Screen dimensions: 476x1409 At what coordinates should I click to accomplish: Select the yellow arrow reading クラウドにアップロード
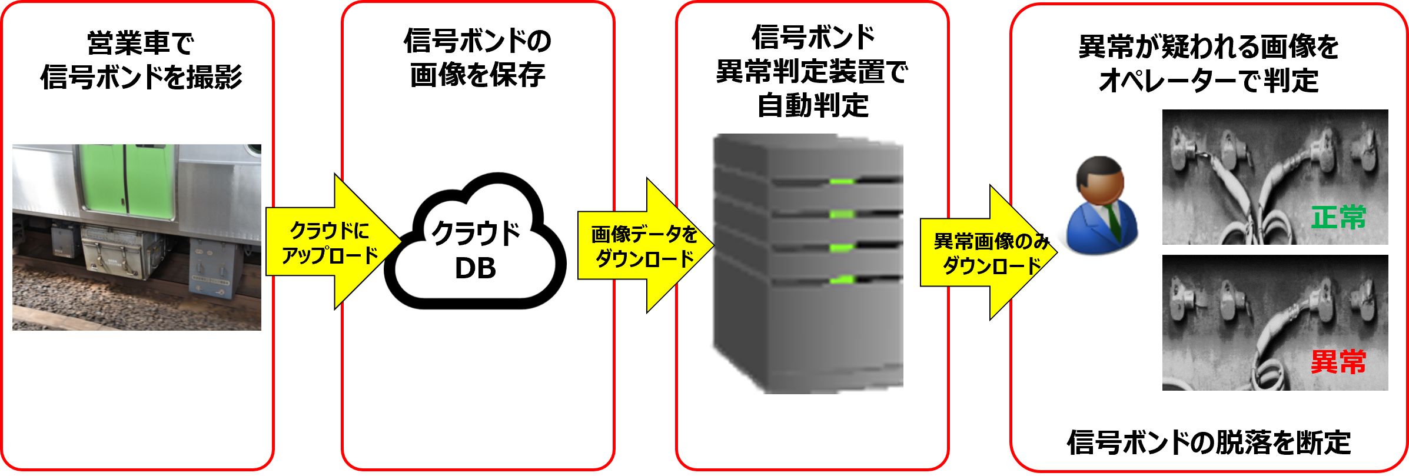(x=330, y=242)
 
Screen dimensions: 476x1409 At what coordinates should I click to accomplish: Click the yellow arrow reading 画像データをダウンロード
(x=644, y=246)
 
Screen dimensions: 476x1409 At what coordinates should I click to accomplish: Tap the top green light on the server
(x=842, y=181)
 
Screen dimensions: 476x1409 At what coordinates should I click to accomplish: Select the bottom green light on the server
(x=842, y=279)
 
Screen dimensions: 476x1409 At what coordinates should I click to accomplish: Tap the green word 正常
(x=1338, y=218)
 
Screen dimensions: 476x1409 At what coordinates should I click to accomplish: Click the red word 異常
(x=1338, y=362)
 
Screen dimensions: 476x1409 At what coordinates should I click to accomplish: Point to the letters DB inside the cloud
(x=476, y=268)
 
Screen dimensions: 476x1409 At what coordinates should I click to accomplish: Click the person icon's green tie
(x=1113, y=221)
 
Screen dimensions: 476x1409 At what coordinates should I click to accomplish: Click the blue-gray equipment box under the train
(x=212, y=268)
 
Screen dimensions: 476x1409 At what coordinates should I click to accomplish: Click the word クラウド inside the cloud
(x=476, y=234)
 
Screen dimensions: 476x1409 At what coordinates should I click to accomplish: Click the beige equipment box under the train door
(x=112, y=250)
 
